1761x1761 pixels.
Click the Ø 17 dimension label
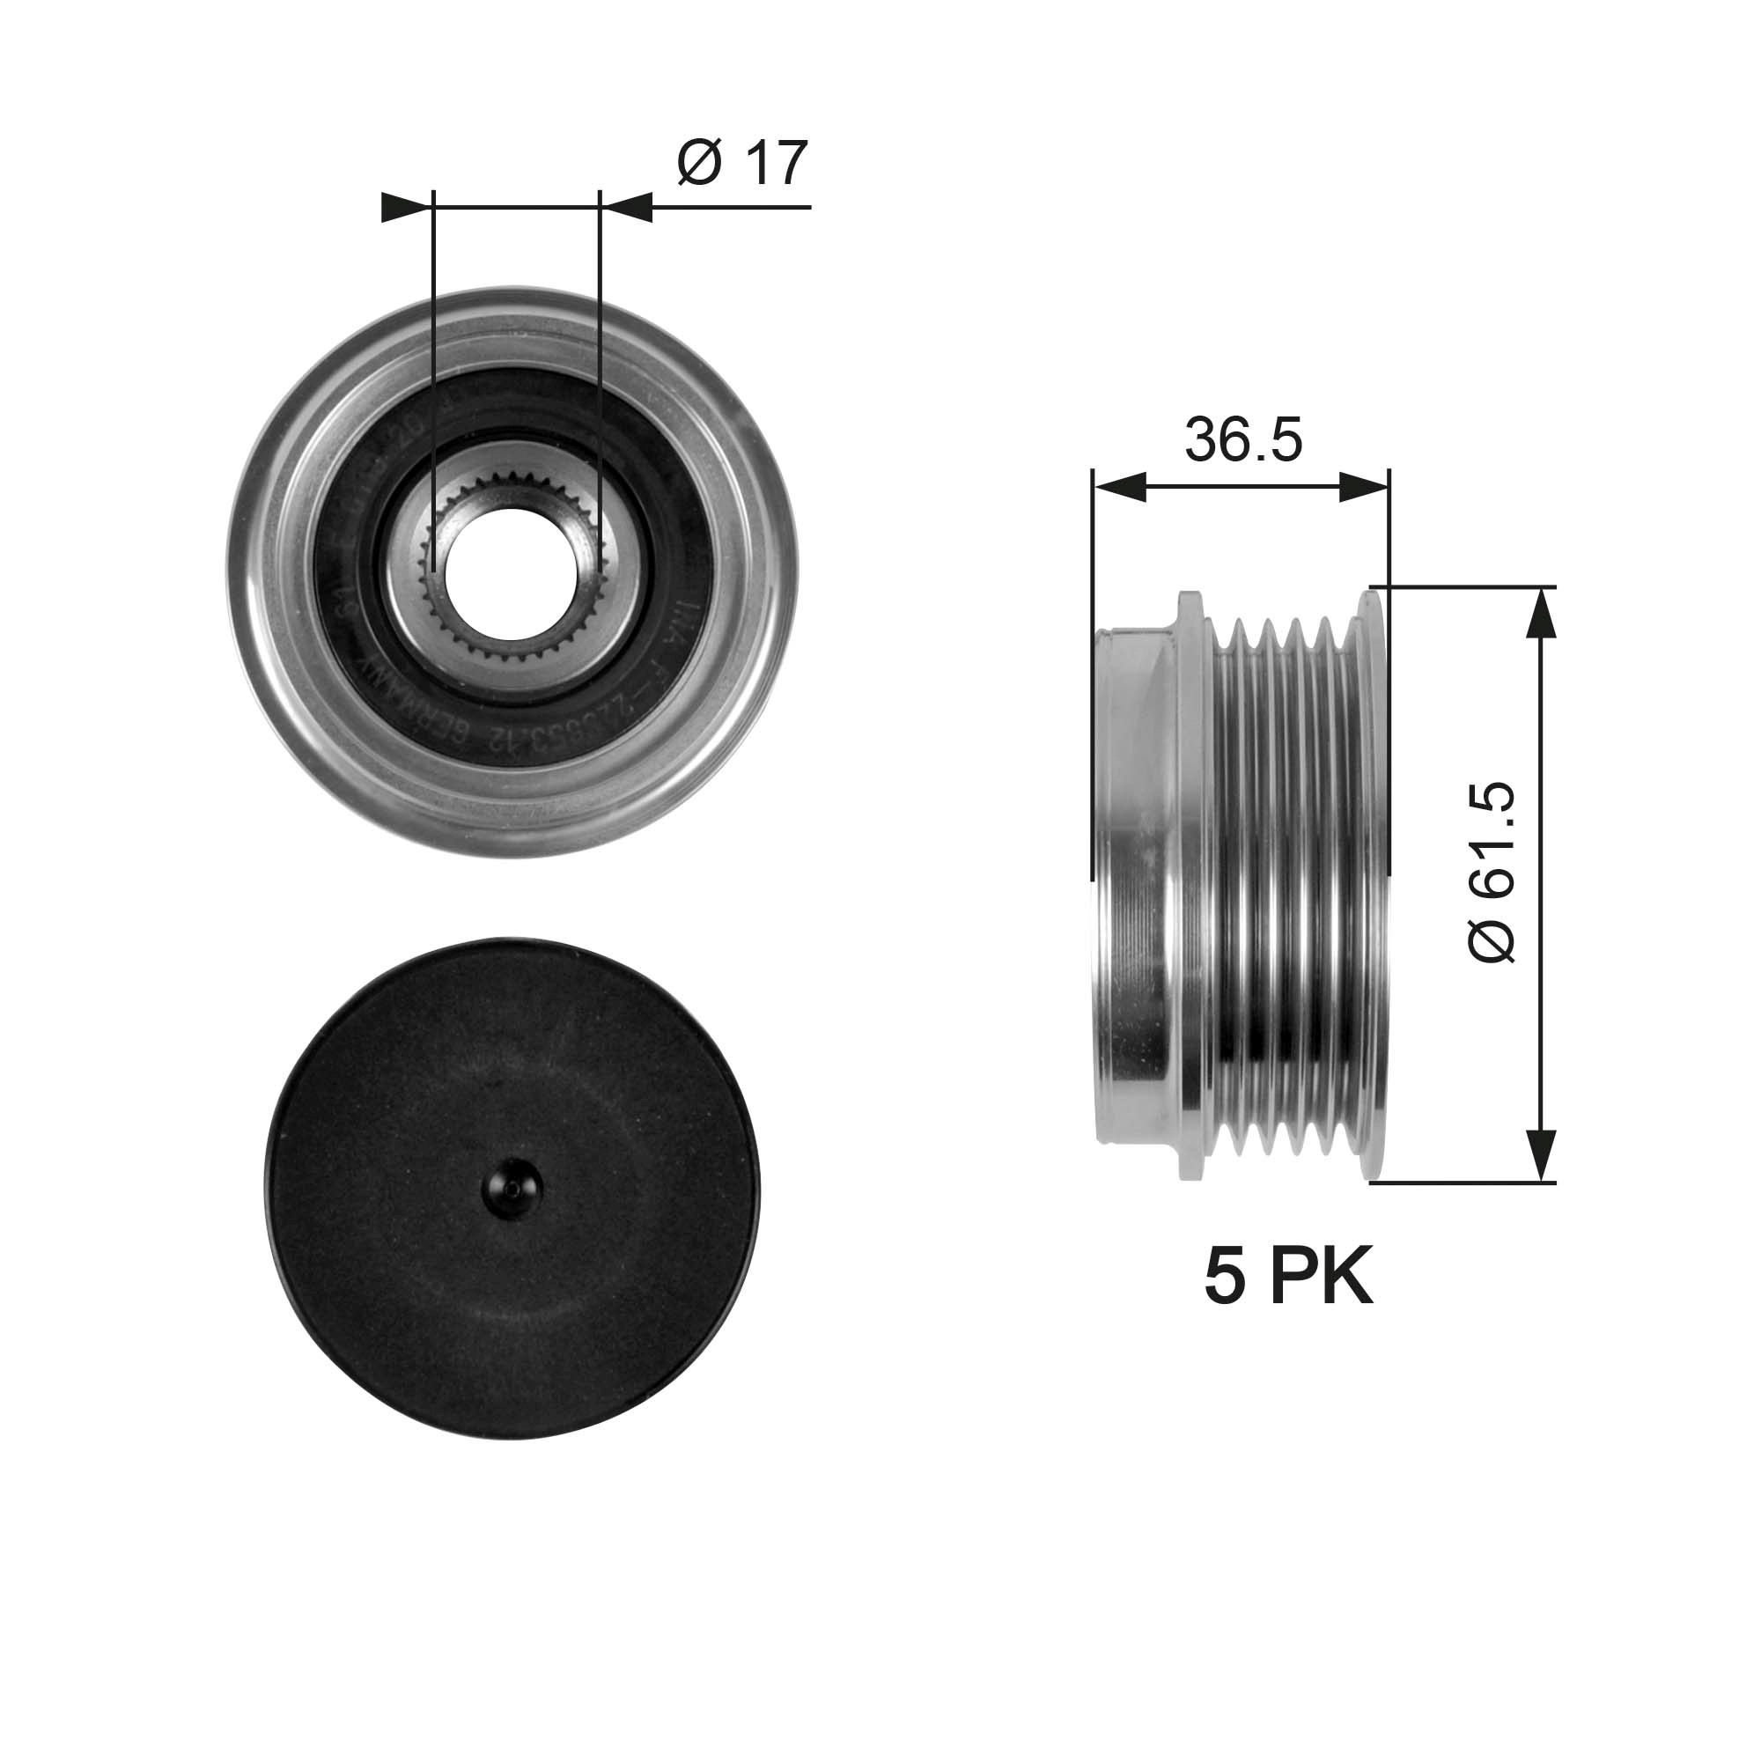(x=742, y=164)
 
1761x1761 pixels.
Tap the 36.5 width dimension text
(x=1243, y=439)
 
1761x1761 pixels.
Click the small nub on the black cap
(x=512, y=1188)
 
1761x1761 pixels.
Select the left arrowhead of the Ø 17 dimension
(x=405, y=208)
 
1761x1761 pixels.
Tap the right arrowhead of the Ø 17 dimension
(x=629, y=208)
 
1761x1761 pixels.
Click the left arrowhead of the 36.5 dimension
(x=1117, y=487)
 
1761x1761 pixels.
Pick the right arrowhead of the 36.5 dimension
(x=1366, y=487)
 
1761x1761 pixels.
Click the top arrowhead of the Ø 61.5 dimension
(x=1539, y=616)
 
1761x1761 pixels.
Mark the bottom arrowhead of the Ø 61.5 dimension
(x=1539, y=1153)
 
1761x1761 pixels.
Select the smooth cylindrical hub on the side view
(x=1135, y=884)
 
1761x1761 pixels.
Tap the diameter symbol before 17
(x=700, y=164)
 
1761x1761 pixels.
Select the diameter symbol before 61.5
(x=1493, y=939)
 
